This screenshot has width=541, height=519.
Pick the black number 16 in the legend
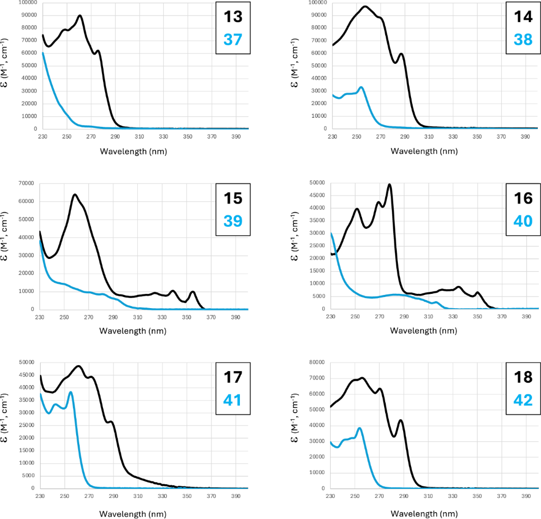[523, 199]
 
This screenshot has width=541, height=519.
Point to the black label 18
[523, 378]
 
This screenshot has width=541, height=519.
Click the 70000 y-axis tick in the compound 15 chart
[25, 183]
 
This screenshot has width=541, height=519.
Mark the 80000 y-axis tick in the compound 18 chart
[316, 363]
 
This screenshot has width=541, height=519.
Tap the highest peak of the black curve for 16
[389, 184]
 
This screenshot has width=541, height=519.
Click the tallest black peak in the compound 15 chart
[75, 194]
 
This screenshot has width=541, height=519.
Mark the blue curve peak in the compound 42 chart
[360, 428]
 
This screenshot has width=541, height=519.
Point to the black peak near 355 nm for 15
[193, 292]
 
